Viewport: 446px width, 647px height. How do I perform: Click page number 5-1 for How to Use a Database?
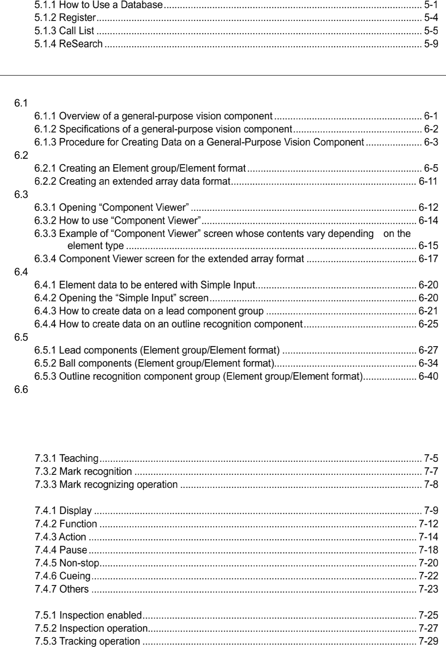coord(431,5)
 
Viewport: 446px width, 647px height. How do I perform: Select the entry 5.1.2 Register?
coord(65,18)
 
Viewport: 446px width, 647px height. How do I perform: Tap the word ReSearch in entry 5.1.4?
coord(81,44)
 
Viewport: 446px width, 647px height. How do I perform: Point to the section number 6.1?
coord(21,103)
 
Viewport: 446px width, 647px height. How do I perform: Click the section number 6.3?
coord(21,195)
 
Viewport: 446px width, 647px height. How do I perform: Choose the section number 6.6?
coord(21,390)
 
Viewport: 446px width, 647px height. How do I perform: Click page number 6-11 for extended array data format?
coord(428,181)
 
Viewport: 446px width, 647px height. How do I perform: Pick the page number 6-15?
coord(428,246)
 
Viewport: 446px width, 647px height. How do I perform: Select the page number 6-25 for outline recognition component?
coord(428,324)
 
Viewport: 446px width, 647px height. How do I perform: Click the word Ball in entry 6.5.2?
coord(69,363)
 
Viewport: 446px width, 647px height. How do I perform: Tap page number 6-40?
coord(428,376)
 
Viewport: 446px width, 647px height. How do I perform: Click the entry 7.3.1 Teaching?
coord(67,459)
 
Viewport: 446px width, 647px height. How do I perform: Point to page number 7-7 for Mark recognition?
coord(431,472)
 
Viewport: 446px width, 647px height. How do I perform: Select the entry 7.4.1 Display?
coord(63,511)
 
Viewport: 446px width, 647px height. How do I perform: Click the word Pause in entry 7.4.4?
coord(73,550)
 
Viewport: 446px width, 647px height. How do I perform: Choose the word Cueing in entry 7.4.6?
coord(75,576)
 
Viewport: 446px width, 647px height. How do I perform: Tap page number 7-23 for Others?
coord(428,589)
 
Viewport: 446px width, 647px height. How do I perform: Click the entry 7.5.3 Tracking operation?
coord(87,641)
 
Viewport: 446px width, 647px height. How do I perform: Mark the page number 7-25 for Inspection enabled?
coord(428,615)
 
